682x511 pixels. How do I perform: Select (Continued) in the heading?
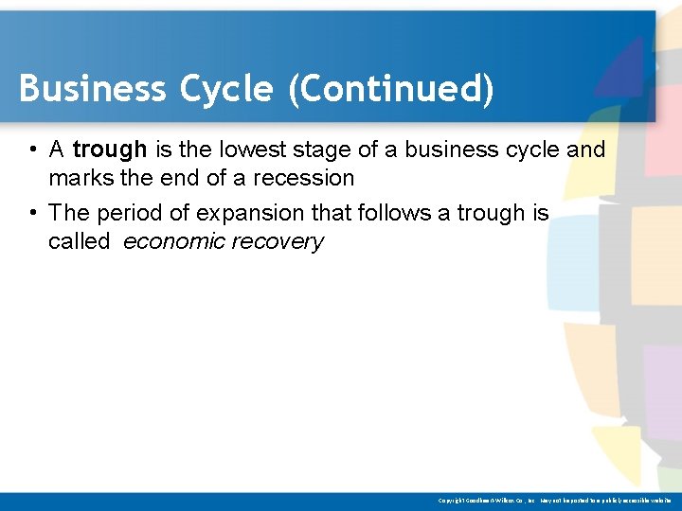click(x=392, y=89)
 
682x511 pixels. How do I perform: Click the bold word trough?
click(x=109, y=150)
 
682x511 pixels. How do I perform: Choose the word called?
click(x=79, y=241)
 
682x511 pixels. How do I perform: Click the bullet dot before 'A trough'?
click(x=32, y=150)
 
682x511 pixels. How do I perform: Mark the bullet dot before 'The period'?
click(x=32, y=213)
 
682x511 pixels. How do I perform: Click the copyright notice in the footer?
click(x=554, y=500)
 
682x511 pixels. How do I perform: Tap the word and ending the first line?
click(x=586, y=150)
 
